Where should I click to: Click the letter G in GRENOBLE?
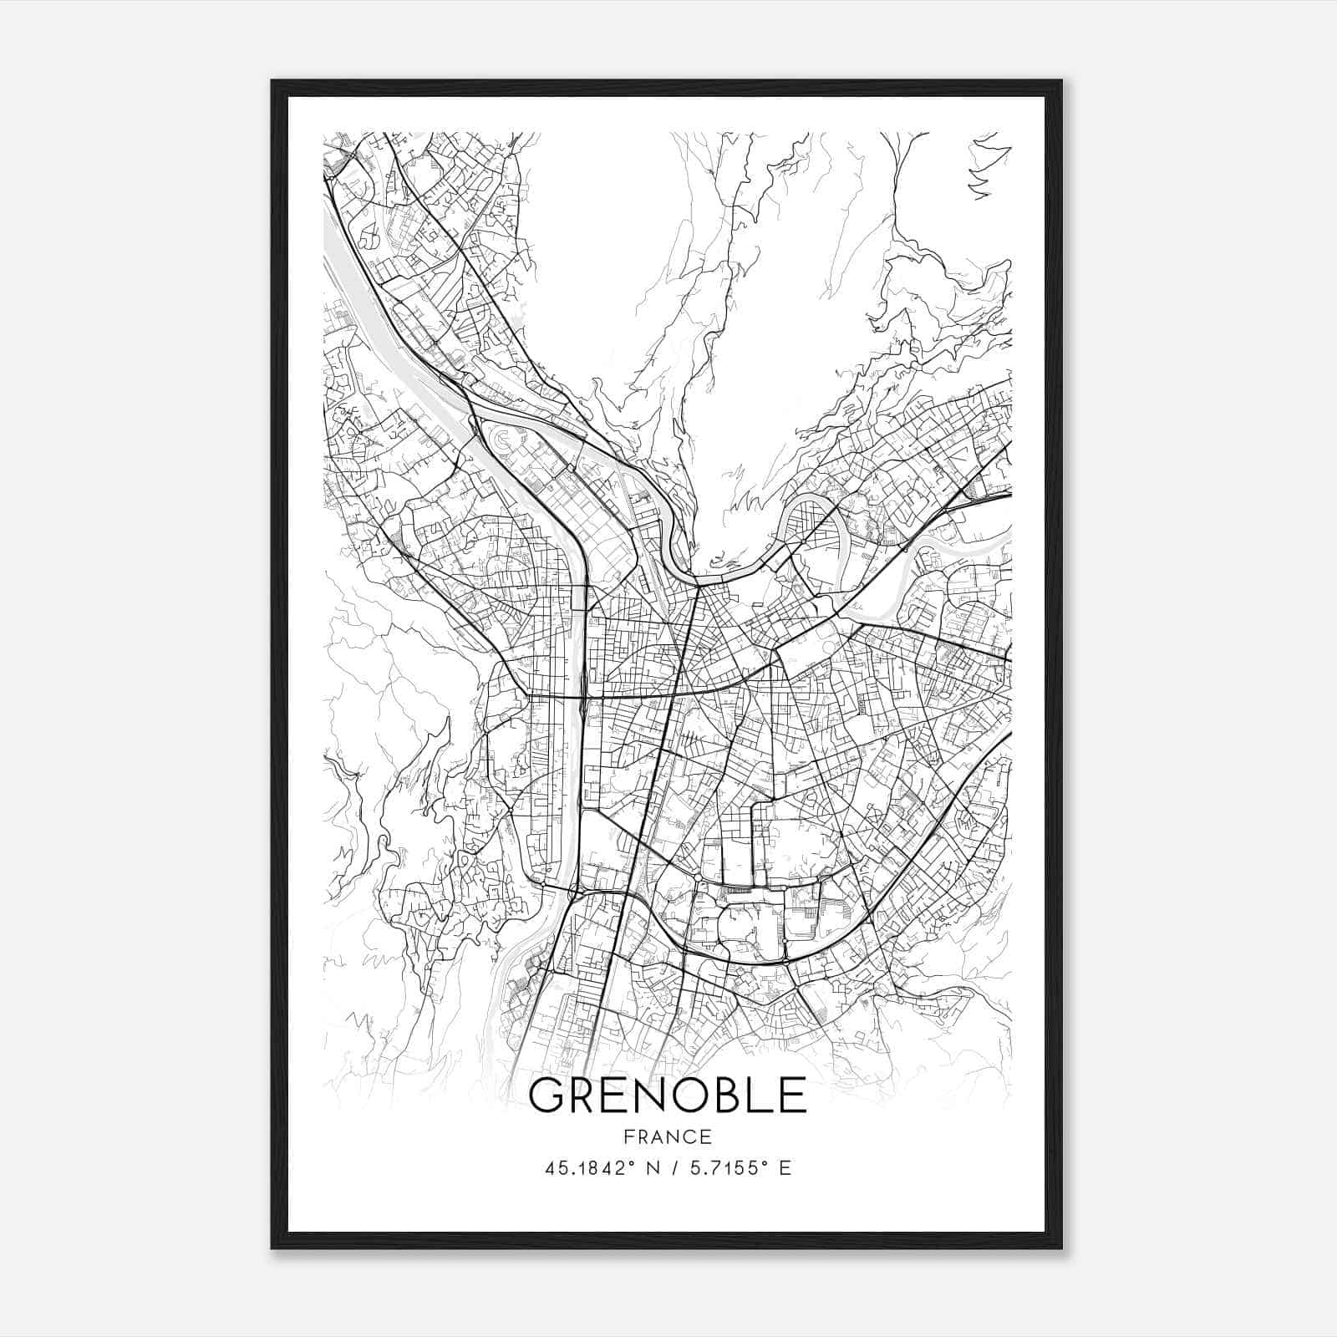[548, 1096]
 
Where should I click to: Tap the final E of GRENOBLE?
[793, 1096]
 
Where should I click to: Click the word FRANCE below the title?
[667, 1136]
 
